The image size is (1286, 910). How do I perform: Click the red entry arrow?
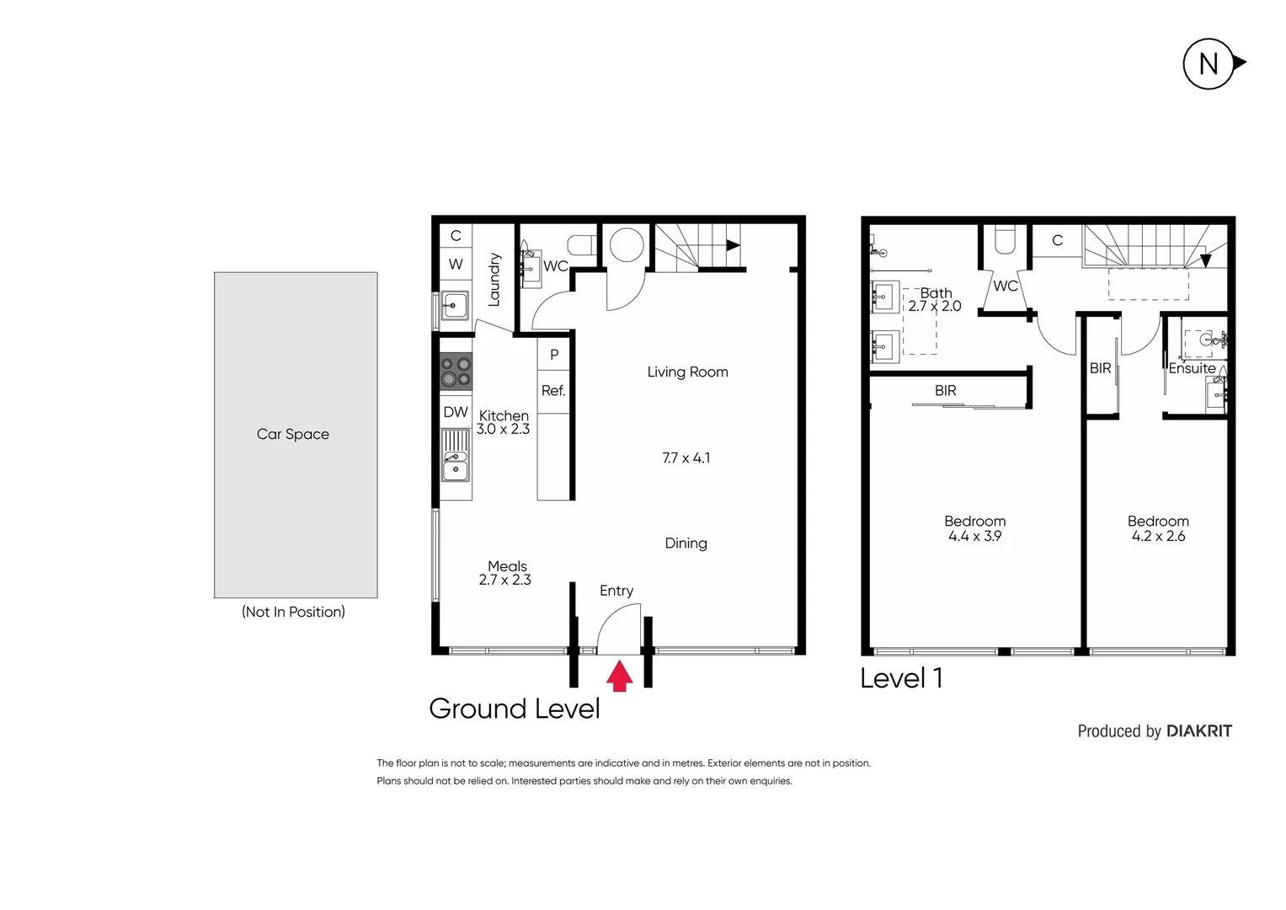[x=620, y=676]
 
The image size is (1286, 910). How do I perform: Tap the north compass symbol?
[x=1209, y=64]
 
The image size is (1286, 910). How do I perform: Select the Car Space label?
[x=293, y=434]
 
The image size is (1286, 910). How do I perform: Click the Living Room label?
[x=687, y=372]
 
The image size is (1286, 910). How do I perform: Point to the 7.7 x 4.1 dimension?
[x=686, y=458]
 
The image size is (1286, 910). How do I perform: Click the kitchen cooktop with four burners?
[x=456, y=372]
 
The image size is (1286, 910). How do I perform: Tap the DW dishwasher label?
[x=456, y=412]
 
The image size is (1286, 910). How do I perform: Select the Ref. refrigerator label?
[x=553, y=391]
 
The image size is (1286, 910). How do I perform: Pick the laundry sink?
[x=455, y=305]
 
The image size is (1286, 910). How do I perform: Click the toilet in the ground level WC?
[x=582, y=245]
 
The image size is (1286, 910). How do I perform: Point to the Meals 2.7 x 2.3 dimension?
[x=505, y=580]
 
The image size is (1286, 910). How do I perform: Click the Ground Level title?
[x=514, y=709]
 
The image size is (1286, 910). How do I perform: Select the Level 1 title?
[x=901, y=677]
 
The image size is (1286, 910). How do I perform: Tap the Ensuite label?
[x=1192, y=368]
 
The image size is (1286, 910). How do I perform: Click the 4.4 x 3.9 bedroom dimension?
[x=974, y=536]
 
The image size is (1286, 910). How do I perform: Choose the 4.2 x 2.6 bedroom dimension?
[x=1158, y=536]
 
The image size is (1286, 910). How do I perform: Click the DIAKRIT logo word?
[x=1199, y=731]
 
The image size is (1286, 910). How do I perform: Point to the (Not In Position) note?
[x=293, y=612]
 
